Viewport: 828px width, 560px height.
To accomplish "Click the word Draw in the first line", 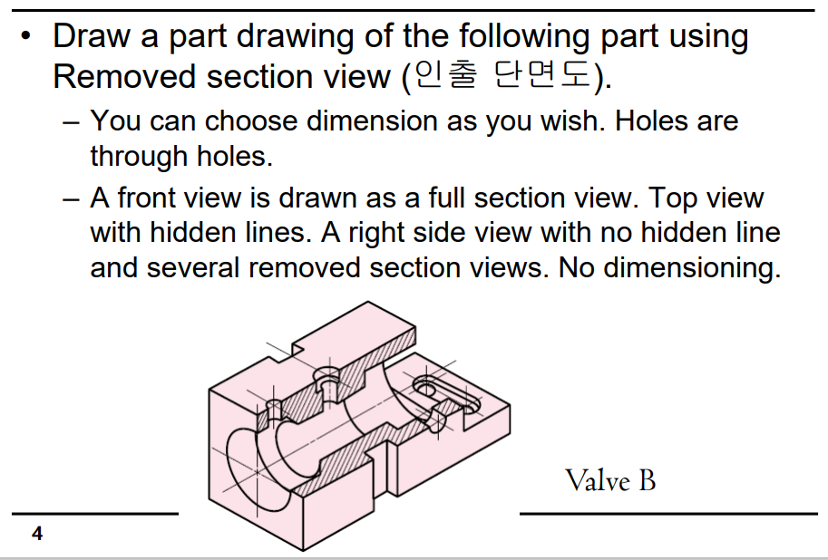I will click(x=92, y=36).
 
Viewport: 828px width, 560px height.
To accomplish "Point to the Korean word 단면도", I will click(x=541, y=76).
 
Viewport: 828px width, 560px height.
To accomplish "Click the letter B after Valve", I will click(x=647, y=479).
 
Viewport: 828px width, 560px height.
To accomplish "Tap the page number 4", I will click(x=36, y=534).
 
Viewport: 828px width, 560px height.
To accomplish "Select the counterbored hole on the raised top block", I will click(x=326, y=373).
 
